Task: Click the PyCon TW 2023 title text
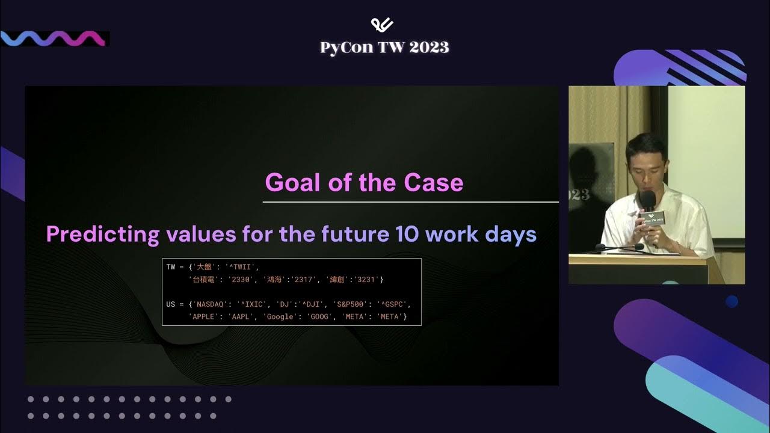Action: point(384,48)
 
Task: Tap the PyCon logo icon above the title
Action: point(382,25)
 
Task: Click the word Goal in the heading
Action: point(291,182)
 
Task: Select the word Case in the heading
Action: point(436,182)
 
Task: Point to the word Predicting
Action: point(103,234)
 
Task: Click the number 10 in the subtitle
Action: point(407,234)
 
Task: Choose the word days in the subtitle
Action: point(511,234)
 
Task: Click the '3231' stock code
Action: point(366,280)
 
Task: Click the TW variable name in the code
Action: point(171,267)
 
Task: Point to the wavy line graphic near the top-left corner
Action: point(54,38)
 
